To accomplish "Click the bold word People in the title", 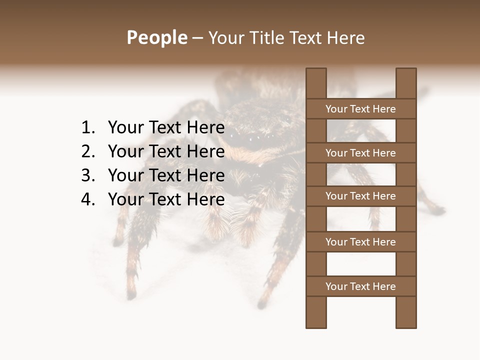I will [156, 37].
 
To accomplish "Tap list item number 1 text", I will [166, 127].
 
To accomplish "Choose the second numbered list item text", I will [166, 151].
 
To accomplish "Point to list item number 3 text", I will [166, 175].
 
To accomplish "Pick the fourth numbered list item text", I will [166, 199].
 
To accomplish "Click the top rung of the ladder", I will [360, 109].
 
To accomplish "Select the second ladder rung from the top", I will [360, 153].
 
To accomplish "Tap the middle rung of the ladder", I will [360, 196].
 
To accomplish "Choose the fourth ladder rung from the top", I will [360, 242].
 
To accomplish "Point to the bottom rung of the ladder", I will [360, 286].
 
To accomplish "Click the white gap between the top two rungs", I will [361, 131].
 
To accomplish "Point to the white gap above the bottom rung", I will [361, 264].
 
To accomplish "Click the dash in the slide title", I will [197, 38].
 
